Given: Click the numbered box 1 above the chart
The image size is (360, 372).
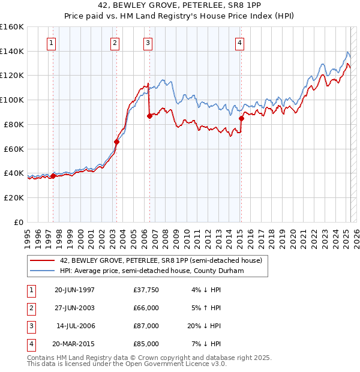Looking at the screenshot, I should tap(52, 43).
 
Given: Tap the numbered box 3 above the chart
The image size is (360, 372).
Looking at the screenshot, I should tap(148, 43).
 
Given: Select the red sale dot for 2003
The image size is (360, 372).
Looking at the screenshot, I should tap(117, 142).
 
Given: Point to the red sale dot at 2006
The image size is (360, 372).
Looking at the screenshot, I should tap(149, 116).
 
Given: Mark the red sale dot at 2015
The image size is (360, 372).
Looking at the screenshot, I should tap(241, 118).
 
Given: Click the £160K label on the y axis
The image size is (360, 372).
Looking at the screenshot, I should tap(12, 27).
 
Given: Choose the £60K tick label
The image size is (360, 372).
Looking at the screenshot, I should tap(14, 149).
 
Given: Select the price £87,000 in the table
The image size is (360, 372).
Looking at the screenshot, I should tap(146, 326).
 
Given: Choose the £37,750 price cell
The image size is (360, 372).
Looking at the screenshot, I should tap(146, 290).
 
